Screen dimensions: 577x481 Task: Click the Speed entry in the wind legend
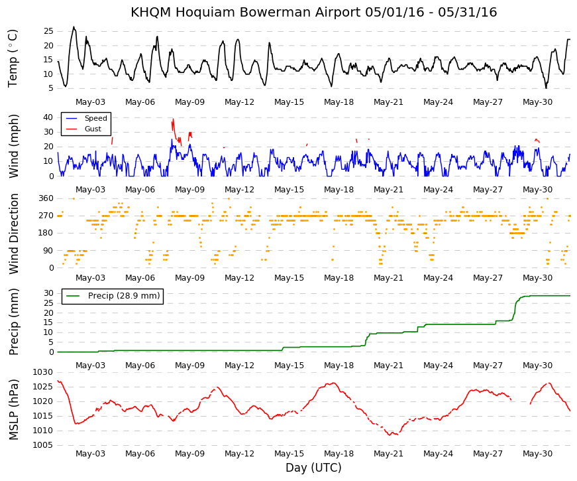[x=95, y=118]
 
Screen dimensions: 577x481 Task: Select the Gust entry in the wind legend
[x=93, y=129]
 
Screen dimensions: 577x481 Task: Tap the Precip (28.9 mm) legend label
[x=124, y=296]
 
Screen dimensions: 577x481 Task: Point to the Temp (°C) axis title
[x=13, y=58]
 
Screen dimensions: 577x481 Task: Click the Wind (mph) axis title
[x=13, y=147]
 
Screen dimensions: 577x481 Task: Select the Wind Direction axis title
[x=13, y=234]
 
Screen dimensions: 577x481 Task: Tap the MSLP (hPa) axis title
[x=13, y=409]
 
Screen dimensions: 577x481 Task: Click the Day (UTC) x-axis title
[x=313, y=468]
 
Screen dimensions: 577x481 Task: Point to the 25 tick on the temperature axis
[x=48, y=31]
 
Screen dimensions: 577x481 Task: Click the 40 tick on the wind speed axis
[x=48, y=117]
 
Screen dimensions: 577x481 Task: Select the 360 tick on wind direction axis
[x=46, y=198]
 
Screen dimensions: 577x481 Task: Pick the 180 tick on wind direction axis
[x=46, y=233]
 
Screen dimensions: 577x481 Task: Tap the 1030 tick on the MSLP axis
[x=42, y=372]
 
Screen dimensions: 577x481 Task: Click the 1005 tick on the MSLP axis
[x=42, y=445]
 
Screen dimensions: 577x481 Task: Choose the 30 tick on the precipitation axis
[x=49, y=293]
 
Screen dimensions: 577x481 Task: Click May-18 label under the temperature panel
[x=339, y=102]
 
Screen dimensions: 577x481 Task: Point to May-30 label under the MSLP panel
[x=538, y=454]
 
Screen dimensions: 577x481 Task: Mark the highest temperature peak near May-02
[x=74, y=27]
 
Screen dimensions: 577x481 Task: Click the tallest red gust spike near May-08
[x=173, y=119]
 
